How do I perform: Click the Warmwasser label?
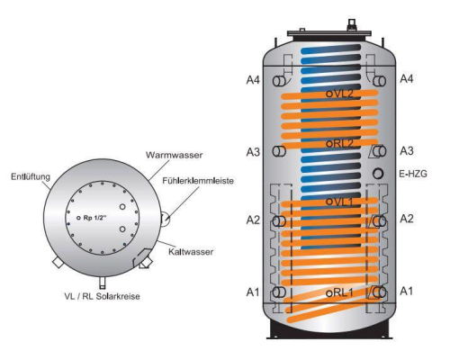(x=174, y=155)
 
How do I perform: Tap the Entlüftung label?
(x=31, y=176)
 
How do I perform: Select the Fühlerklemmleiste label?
(x=198, y=181)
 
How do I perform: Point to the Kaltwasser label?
(x=191, y=251)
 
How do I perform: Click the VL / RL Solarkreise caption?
(x=102, y=296)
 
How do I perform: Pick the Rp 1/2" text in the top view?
(x=94, y=218)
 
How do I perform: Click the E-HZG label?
(x=413, y=174)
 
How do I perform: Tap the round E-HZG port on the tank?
(x=378, y=174)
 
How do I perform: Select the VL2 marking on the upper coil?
(x=339, y=94)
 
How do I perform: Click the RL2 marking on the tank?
(x=339, y=143)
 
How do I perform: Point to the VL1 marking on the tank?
(x=339, y=202)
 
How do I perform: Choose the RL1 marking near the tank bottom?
(x=339, y=292)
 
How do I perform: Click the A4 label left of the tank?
(x=253, y=80)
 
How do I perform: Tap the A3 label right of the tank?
(x=407, y=151)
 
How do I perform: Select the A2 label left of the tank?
(x=253, y=220)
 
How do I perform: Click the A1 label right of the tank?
(x=407, y=291)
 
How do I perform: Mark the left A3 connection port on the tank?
(x=279, y=151)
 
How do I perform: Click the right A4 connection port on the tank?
(x=380, y=81)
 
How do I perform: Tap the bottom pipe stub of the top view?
(x=103, y=282)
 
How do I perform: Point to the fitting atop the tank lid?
(x=352, y=25)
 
